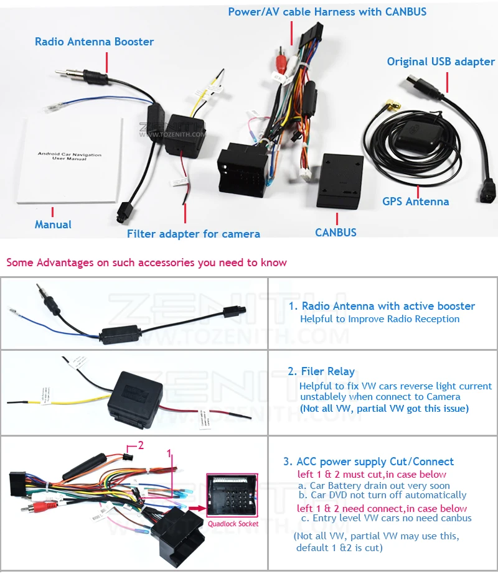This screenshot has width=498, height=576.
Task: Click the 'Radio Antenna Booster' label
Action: (x=94, y=42)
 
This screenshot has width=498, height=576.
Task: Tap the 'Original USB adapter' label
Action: (x=441, y=62)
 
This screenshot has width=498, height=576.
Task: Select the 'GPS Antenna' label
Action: (x=415, y=201)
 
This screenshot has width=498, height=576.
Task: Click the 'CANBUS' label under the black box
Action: (x=336, y=233)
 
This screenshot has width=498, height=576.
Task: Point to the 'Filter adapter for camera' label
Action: (x=194, y=234)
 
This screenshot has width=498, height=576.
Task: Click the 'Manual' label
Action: (x=53, y=225)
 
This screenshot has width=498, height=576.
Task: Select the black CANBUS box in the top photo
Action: (x=340, y=180)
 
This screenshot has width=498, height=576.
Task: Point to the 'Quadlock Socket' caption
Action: (x=233, y=524)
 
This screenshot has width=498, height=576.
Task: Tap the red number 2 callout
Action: (x=141, y=445)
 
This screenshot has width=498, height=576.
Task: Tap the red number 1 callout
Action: (x=168, y=455)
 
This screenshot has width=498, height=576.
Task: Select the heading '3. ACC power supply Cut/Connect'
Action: (x=369, y=462)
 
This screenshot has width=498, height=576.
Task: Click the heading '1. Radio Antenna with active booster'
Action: (x=382, y=306)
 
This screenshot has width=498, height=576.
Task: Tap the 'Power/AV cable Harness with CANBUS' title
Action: (x=327, y=12)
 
